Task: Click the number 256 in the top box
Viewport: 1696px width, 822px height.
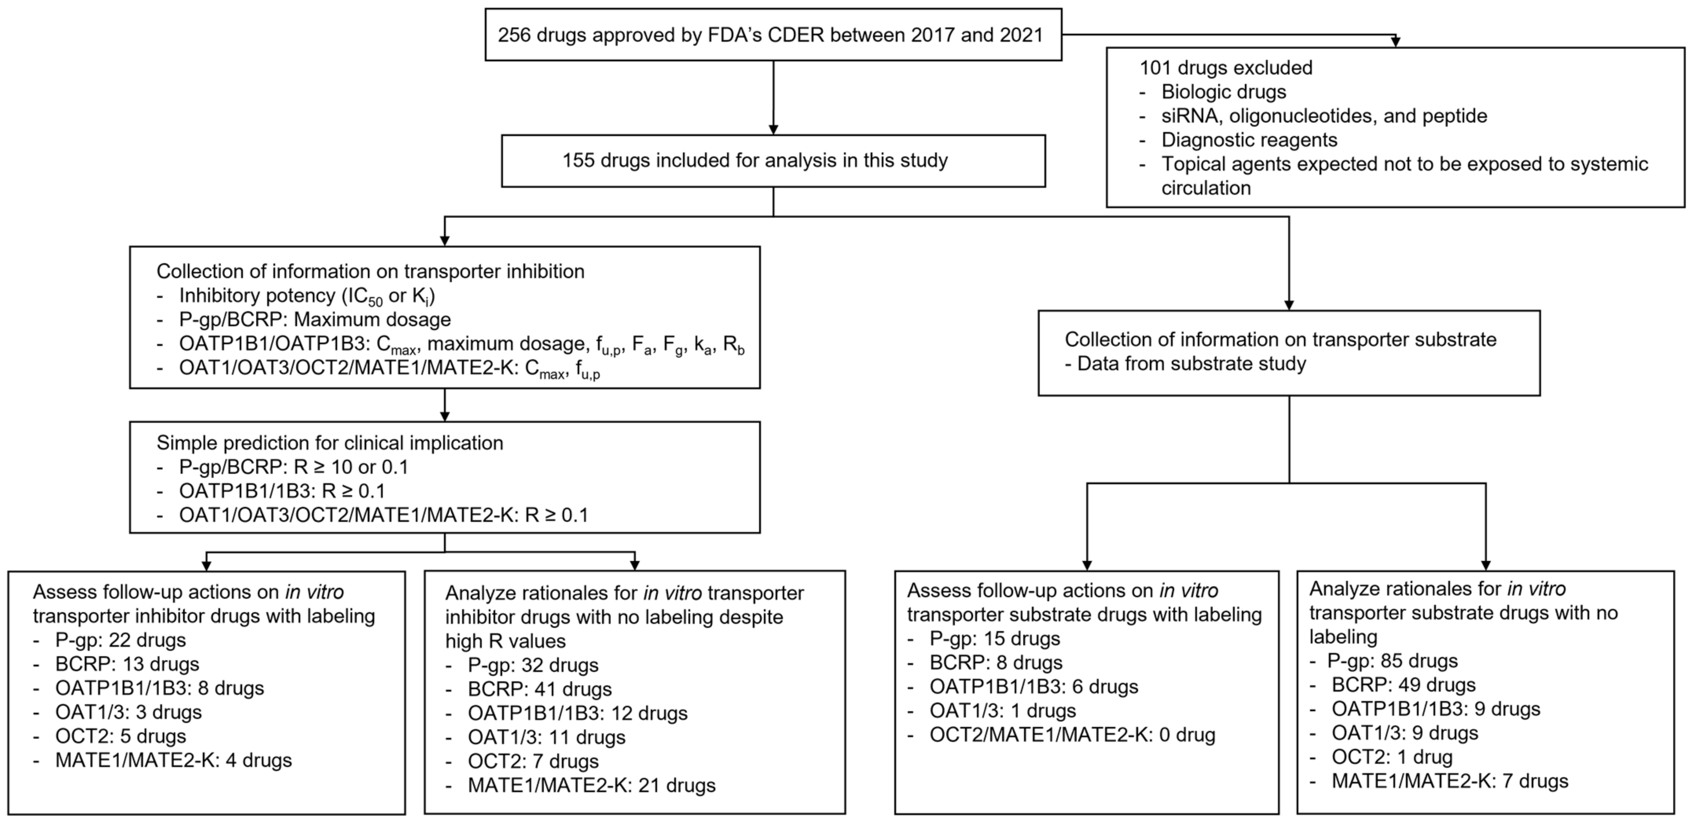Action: click(514, 35)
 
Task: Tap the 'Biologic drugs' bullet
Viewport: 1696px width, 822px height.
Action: click(1223, 92)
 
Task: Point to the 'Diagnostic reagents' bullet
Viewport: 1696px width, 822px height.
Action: click(1249, 139)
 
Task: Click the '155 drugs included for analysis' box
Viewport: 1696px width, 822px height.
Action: click(773, 161)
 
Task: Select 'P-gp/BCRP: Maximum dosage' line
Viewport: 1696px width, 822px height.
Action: click(315, 320)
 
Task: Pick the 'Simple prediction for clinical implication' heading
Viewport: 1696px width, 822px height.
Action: click(329, 443)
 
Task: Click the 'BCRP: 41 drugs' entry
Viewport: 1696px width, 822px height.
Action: click(539, 689)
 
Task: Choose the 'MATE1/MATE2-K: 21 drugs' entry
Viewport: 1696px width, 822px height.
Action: click(591, 785)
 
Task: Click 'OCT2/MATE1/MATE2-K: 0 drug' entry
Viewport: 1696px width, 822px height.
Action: click(1072, 734)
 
